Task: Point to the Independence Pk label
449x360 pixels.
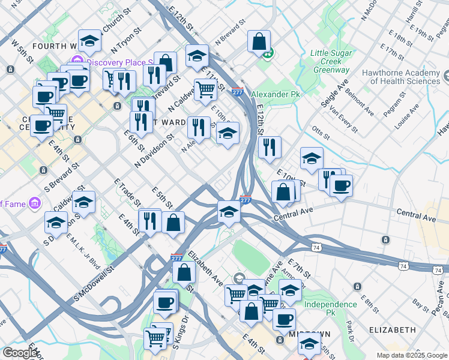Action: (x=330, y=308)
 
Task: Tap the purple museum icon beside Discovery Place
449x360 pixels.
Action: (x=77, y=61)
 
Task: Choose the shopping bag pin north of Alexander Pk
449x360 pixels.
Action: (x=259, y=42)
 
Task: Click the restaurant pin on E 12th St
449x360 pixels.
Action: (x=270, y=146)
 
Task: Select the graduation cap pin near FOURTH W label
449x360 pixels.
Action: (x=89, y=41)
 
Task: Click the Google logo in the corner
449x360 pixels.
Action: (x=20, y=353)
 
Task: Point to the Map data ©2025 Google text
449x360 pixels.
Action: (x=412, y=355)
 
